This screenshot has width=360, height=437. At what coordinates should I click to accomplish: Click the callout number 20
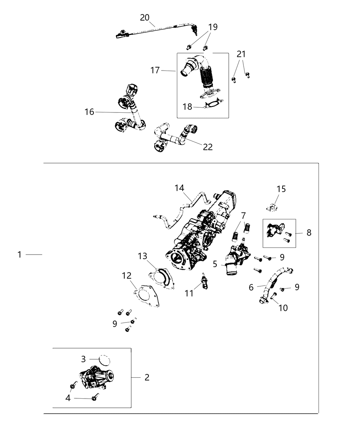(x=145, y=17)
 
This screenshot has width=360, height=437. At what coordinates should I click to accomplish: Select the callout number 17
(x=155, y=70)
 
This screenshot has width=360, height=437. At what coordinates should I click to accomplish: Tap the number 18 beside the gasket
(x=187, y=107)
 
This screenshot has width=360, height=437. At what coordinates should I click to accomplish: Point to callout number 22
(x=208, y=147)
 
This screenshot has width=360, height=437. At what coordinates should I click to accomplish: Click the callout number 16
(x=89, y=112)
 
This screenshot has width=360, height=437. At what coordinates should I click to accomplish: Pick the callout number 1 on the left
(x=20, y=254)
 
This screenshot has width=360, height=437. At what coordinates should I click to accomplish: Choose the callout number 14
(x=179, y=188)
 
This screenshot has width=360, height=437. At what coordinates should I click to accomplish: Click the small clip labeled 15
(x=272, y=207)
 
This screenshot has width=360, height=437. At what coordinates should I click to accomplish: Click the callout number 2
(x=147, y=377)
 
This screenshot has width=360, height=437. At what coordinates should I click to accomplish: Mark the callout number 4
(x=68, y=398)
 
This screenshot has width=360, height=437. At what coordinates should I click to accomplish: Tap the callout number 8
(x=309, y=233)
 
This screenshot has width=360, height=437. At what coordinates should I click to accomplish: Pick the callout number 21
(x=241, y=54)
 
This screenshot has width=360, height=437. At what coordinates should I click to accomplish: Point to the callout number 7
(x=243, y=216)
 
